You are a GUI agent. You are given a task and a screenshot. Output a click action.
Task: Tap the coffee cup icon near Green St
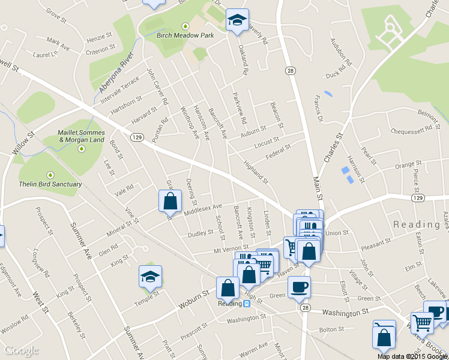tap(299, 286)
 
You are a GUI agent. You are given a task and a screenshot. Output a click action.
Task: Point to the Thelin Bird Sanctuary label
tap(51, 184)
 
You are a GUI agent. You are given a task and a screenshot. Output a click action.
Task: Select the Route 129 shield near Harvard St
tap(137, 137)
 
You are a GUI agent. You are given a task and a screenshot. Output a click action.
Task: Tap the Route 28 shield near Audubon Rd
tap(291, 71)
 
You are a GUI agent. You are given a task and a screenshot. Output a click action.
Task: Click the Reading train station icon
tap(247, 303)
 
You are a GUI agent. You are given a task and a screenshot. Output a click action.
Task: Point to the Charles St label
tap(332, 148)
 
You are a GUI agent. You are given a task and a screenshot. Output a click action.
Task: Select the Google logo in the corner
tap(21, 350)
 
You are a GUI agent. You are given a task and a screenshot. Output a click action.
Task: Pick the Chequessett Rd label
tap(411, 129)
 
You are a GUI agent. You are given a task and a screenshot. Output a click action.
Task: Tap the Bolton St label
tap(331, 329)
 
